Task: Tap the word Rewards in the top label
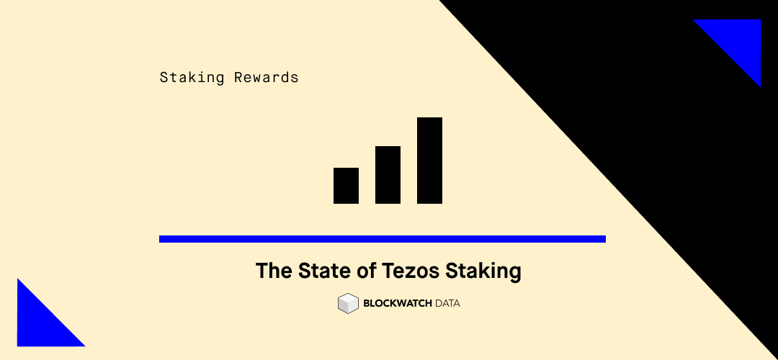(266, 77)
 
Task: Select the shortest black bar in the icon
(346, 186)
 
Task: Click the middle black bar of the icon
(388, 175)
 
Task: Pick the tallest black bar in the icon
(429, 161)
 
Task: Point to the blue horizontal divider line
(382, 239)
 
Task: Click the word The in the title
(273, 271)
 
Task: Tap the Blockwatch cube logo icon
(348, 303)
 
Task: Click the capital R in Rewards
(238, 77)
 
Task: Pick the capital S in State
(301, 271)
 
